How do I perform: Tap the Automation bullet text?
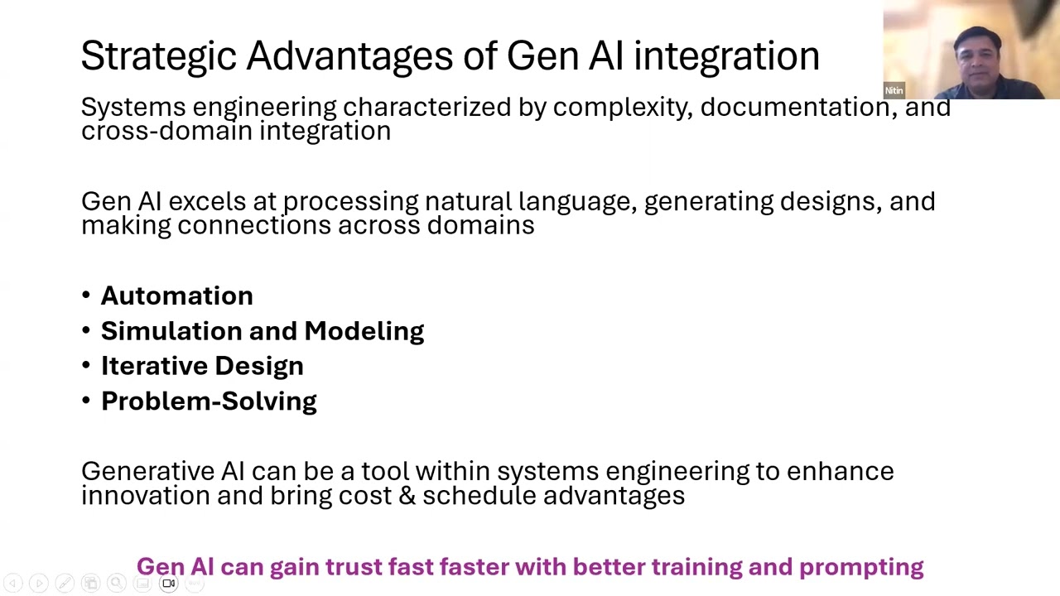(176, 296)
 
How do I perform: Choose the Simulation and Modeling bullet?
(262, 331)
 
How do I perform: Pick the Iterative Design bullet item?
(202, 366)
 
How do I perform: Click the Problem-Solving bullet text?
(209, 401)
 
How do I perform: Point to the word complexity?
(623, 108)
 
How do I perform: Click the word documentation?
(796, 108)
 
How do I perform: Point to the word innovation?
(145, 496)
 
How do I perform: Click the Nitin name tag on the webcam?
(894, 91)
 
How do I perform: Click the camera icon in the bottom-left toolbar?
(168, 584)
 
